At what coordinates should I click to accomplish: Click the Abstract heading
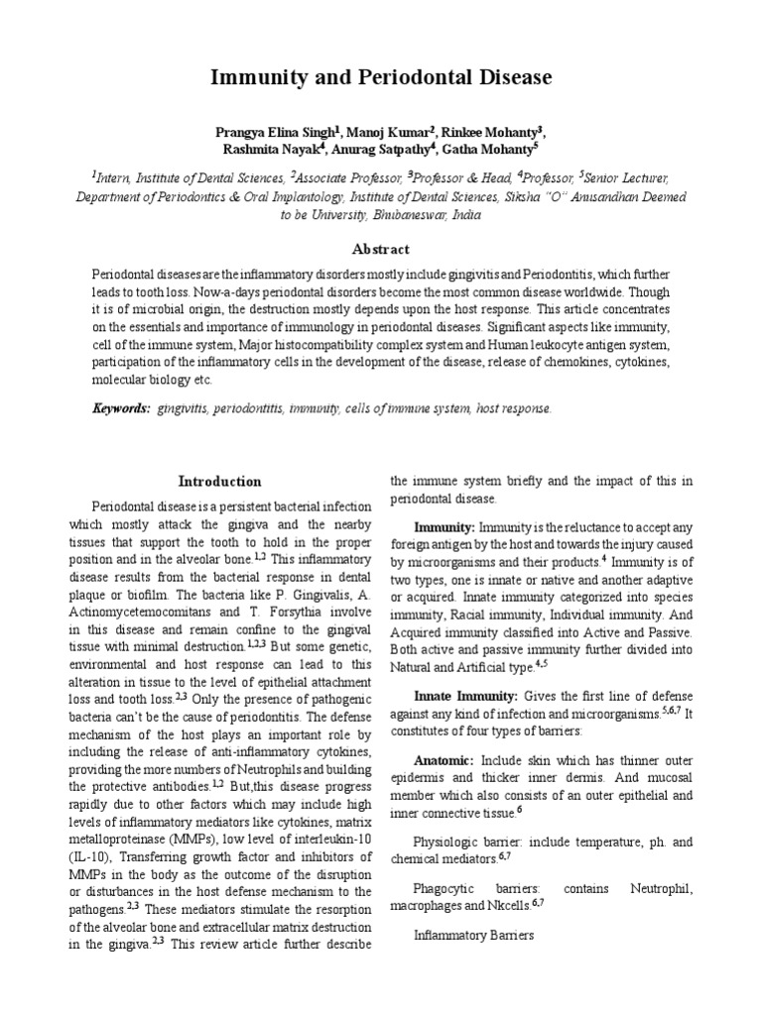(381, 249)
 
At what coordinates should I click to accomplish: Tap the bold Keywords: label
(121, 408)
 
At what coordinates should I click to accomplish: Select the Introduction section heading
(219, 482)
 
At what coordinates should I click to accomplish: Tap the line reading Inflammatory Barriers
(472, 935)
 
